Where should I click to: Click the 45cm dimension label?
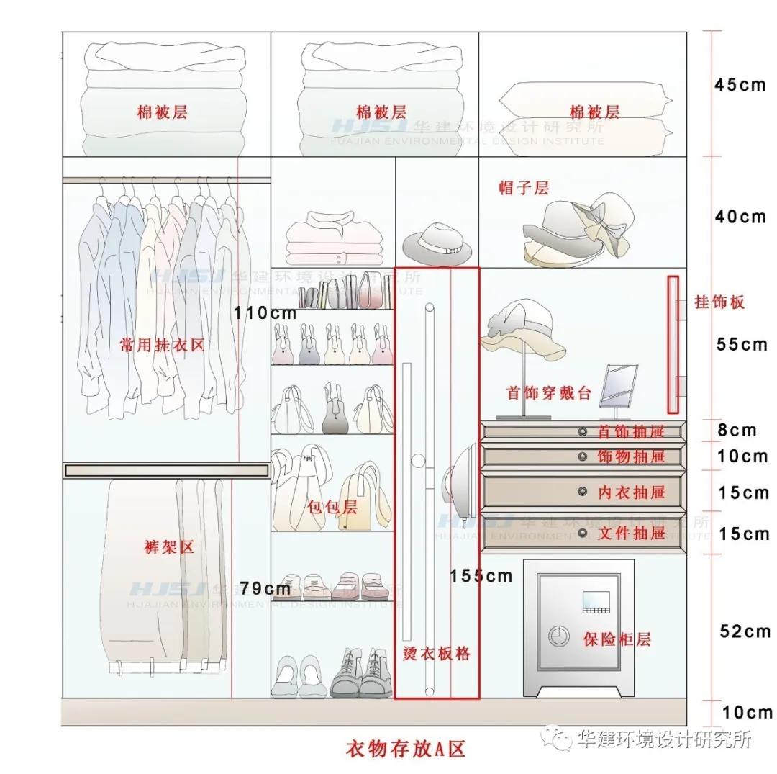tap(740, 85)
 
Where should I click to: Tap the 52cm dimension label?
tap(745, 631)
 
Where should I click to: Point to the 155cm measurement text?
tap(481, 576)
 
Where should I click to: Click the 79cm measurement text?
tap(265, 588)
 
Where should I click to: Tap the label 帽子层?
tap(524, 188)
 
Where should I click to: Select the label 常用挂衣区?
tap(162, 345)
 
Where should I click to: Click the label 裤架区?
tap(169, 547)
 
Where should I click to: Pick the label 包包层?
tap(332, 507)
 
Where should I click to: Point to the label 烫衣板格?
tap(437, 653)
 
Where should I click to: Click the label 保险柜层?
tap(617, 639)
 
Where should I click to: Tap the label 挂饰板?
tap(719, 302)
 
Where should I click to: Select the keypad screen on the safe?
tap(596, 601)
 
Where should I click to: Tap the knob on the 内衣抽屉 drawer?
tap(582, 492)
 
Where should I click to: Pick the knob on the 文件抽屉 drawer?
tap(582, 533)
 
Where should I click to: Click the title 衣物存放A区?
tap(406, 749)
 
